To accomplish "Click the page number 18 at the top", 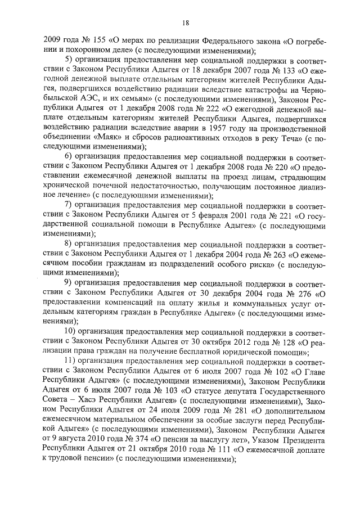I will pyautogui.click(x=185, y=22).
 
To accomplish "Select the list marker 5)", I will pyautogui.click(x=69, y=61).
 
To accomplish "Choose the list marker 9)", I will pyautogui.click(x=69, y=282).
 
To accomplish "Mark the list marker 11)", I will pyautogui.click(x=70, y=360).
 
